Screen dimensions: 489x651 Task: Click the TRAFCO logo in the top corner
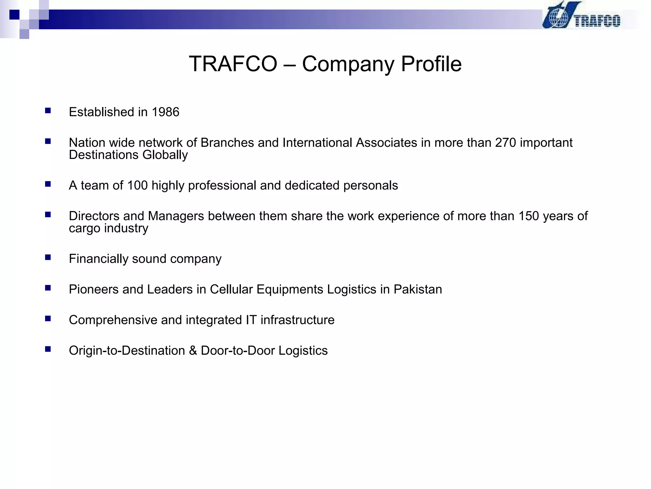(x=581, y=16)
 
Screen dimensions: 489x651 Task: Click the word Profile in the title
(x=431, y=64)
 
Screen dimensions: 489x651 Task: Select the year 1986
(x=165, y=112)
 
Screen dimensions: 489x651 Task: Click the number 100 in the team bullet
(x=137, y=185)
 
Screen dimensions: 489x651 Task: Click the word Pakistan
(x=418, y=289)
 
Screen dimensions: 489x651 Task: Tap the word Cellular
(x=231, y=289)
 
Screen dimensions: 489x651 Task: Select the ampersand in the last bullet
(x=193, y=351)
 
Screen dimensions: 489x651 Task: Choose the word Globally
(x=165, y=155)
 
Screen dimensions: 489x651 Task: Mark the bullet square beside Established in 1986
(x=48, y=111)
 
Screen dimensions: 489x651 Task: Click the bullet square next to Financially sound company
(x=48, y=258)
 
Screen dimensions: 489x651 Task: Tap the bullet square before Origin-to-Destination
(x=48, y=349)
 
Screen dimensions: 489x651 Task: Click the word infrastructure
(x=298, y=320)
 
